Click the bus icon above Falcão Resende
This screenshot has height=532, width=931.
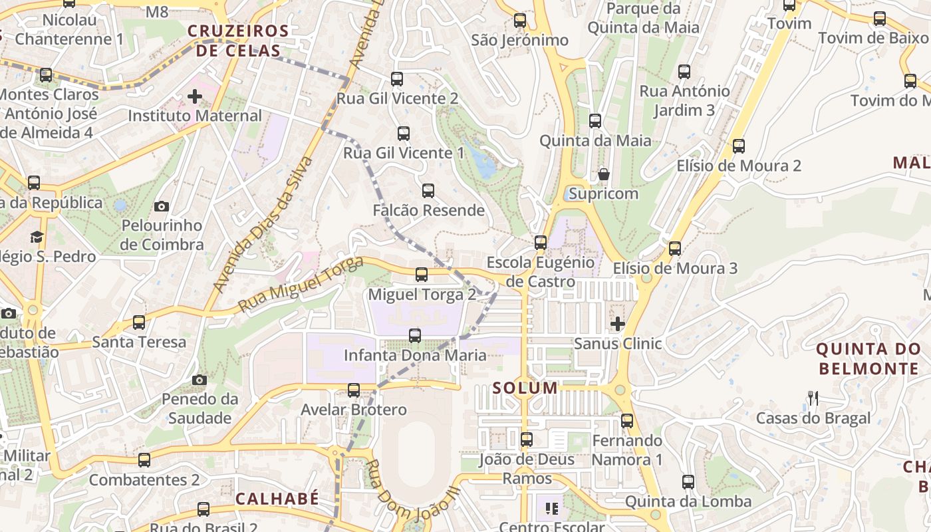point(428,191)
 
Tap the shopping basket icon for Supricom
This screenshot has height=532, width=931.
point(604,175)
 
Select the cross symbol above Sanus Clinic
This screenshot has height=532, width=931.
point(618,325)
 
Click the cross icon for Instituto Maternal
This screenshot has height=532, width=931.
point(195,97)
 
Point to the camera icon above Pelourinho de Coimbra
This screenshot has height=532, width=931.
point(162,207)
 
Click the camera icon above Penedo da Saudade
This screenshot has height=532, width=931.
point(199,380)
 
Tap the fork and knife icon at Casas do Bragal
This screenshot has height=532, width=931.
point(813,398)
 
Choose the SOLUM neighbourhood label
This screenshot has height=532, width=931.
point(525,388)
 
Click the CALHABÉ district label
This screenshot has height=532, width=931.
point(277,499)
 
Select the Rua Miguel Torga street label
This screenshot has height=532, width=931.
point(301,286)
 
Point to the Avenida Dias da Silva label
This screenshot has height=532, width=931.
point(263,225)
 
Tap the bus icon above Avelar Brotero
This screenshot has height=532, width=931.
point(354,390)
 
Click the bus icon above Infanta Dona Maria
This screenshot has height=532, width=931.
point(415,336)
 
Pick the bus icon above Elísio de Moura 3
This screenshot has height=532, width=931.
point(675,249)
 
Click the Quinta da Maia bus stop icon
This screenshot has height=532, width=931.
point(595,121)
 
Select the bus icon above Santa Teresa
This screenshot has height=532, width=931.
point(139,323)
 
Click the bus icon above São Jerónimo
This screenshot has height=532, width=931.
point(520,21)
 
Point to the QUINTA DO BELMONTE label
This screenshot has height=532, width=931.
point(868,358)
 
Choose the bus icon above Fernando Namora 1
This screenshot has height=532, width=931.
point(627,420)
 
